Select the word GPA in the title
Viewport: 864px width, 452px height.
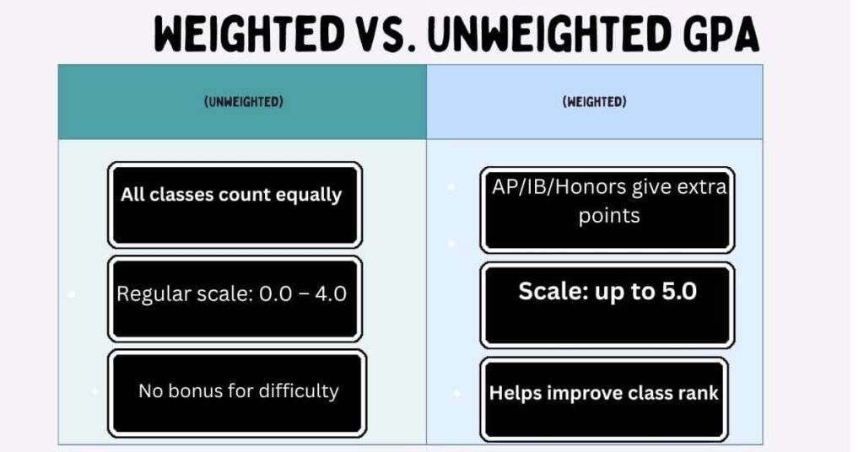[715, 36]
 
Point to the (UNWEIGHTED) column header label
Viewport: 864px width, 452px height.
[243, 102]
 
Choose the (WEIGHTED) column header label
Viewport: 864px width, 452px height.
[594, 102]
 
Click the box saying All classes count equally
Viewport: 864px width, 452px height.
[234, 205]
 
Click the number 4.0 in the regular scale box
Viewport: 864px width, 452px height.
[329, 295]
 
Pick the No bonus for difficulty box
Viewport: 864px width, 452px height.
[237, 393]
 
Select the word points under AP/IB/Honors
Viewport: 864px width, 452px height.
[609, 216]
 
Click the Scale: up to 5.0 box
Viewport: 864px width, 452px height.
[607, 304]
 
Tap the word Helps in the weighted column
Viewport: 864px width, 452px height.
[516, 393]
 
